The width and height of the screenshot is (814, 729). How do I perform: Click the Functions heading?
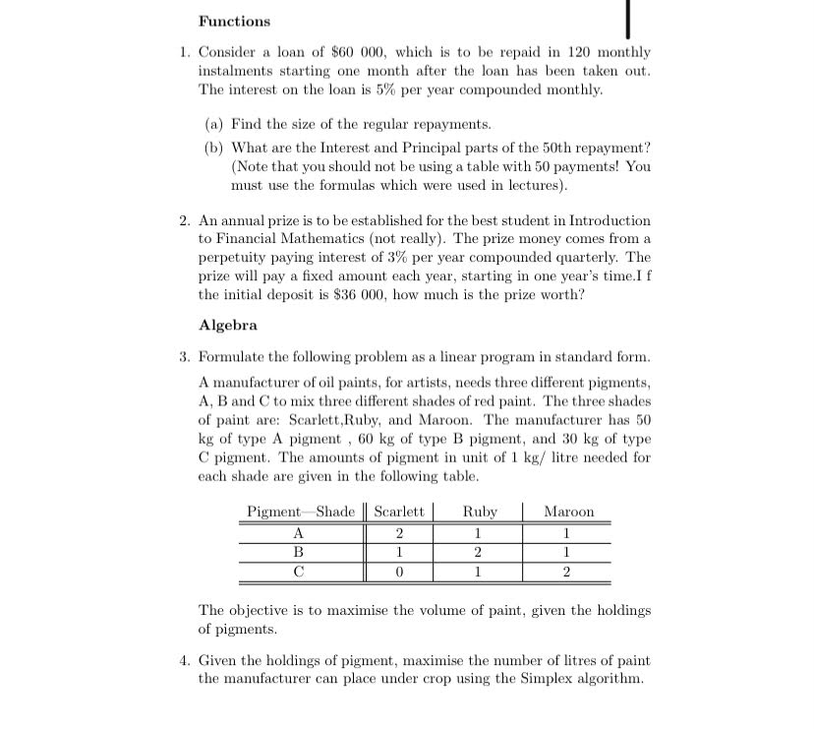click(234, 21)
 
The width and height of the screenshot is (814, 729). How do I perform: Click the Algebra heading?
click(227, 325)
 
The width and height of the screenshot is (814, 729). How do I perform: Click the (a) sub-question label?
click(213, 125)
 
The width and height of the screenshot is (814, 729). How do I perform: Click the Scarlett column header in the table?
click(399, 512)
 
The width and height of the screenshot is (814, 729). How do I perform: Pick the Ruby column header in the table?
click(480, 512)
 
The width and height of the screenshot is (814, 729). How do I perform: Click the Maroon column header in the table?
click(569, 512)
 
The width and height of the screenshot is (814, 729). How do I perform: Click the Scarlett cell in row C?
click(399, 571)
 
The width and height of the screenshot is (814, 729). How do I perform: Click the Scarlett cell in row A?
click(399, 532)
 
